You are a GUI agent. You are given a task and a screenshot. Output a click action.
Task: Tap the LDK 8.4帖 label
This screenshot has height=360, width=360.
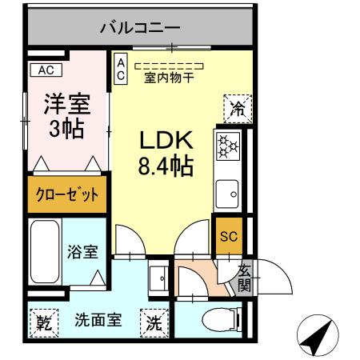(166, 154)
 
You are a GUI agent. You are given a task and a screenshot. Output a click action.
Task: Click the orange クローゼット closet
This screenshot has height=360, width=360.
(67, 194)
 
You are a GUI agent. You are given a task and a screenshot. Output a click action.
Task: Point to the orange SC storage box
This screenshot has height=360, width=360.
(229, 237)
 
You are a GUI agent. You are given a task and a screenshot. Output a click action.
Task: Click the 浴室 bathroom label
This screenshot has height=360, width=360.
(82, 251)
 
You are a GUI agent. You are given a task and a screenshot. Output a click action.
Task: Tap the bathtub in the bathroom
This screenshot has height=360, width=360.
(46, 251)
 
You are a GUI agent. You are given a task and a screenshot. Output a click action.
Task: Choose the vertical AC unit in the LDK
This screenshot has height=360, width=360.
(120, 69)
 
